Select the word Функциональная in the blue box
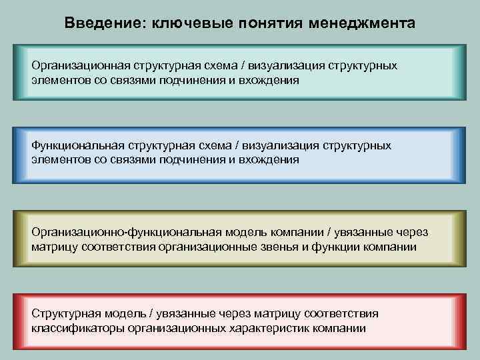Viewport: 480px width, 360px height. click(71, 146)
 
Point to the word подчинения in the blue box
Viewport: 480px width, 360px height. click(199, 160)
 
